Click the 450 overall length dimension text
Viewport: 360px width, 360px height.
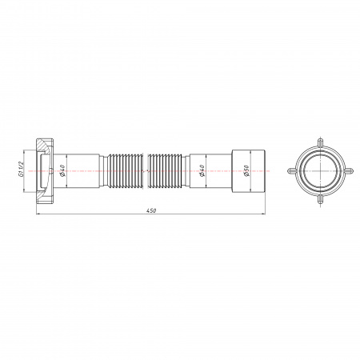[x=150, y=210]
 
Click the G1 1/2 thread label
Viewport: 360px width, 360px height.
[x=22, y=170]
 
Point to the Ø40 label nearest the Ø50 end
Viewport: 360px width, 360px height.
[x=202, y=170]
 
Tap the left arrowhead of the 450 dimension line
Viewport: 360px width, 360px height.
[x=38, y=214]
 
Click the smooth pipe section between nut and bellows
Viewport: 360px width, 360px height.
[x=80, y=170]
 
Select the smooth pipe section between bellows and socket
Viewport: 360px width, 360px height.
[x=210, y=170]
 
